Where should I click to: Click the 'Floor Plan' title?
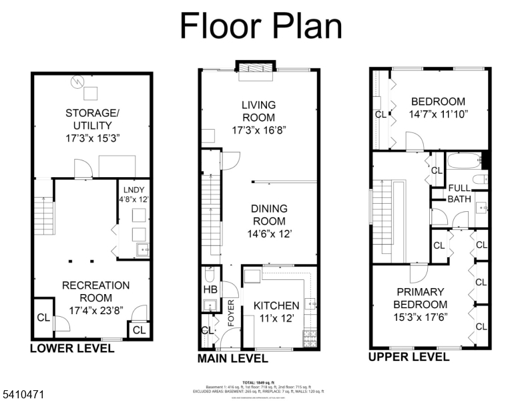pos(261,26)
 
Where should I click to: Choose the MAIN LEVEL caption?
pos(232,359)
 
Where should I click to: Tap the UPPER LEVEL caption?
pos(409,357)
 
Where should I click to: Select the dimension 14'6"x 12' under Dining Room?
pos(268,234)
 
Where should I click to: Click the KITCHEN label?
pos(276,305)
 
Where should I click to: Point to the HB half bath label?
pos(210,289)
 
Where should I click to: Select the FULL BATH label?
pos(459,193)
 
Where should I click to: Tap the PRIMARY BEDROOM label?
pos(420,298)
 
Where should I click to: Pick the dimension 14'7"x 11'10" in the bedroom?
pos(439,114)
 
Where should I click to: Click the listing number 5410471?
pos(23,395)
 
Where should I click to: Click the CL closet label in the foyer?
pos(207,330)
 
